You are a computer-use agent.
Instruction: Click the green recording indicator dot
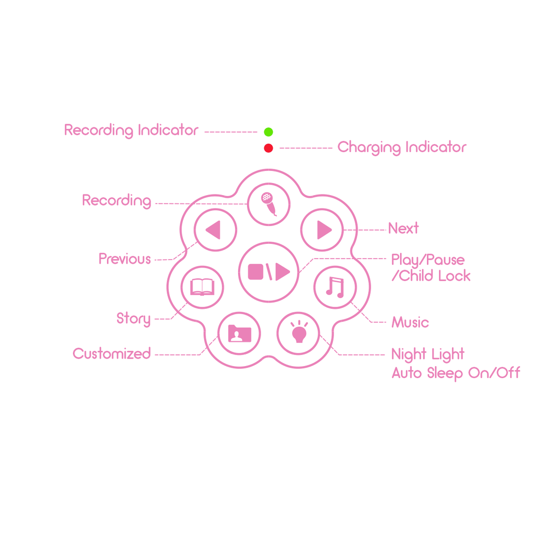268,132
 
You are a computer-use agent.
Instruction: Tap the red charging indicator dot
268,148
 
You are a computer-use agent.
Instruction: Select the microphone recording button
269,205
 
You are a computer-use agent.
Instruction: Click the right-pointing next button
322,230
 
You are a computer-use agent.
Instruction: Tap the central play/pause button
269,272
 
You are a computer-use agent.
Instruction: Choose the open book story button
202,287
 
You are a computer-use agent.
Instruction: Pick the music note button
335,287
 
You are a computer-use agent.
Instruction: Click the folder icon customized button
239,334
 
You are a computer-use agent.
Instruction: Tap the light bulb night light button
298,334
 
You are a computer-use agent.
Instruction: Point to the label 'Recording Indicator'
132,131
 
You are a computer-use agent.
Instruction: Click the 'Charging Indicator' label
402,147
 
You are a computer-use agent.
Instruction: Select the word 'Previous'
125,259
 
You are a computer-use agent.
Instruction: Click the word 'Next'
403,228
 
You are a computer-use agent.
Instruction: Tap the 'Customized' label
112,353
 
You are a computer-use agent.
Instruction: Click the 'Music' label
410,323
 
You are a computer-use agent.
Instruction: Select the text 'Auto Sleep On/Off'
456,373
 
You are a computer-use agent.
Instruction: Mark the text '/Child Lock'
431,276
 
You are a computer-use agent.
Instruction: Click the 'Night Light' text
428,355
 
